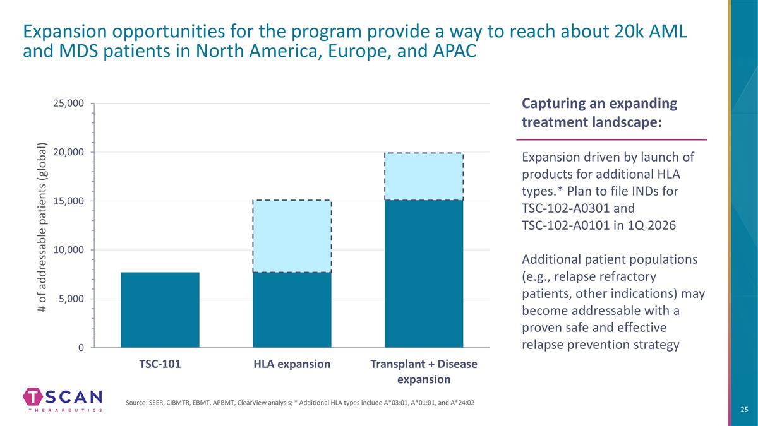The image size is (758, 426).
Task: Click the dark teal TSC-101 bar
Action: point(160,310)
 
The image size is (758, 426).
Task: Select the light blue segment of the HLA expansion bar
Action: point(292,236)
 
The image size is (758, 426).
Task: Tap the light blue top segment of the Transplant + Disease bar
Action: point(424,177)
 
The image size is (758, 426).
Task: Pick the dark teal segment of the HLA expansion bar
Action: point(292,310)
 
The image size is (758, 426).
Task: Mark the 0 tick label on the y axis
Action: point(81,348)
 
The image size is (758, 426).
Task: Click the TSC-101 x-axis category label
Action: point(160,365)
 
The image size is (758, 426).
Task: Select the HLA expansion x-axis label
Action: point(292,365)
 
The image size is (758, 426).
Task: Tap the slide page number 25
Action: point(744,410)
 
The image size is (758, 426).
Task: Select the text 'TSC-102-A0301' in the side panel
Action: point(558,208)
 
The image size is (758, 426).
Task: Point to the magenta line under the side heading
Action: point(611,139)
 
